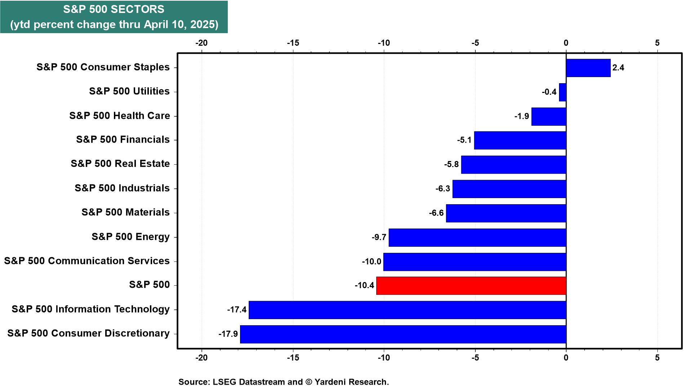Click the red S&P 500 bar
click(x=471, y=286)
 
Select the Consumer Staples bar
click(x=588, y=68)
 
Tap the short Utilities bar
click(x=563, y=92)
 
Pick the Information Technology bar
click(x=407, y=310)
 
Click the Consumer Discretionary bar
click(x=403, y=334)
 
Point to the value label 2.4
click(x=618, y=68)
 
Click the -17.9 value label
click(x=228, y=334)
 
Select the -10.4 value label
click(x=364, y=286)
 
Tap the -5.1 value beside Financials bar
click(x=464, y=140)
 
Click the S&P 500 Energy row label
click(x=130, y=237)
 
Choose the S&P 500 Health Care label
click(x=120, y=116)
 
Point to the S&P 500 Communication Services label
click(x=87, y=261)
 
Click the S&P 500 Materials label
click(x=125, y=212)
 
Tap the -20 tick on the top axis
click(x=201, y=43)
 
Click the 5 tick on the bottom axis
click(x=657, y=358)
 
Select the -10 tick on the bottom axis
click(x=384, y=358)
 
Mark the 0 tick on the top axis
click(x=566, y=43)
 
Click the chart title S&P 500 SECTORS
click(x=114, y=9)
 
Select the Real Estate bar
click(x=514, y=165)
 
